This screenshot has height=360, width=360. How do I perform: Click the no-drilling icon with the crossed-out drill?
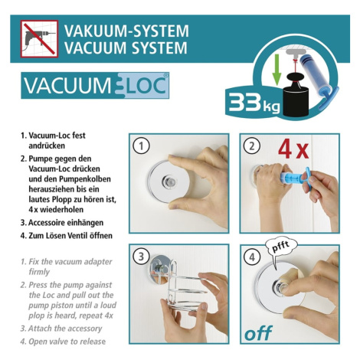pyautogui.click(x=39, y=39)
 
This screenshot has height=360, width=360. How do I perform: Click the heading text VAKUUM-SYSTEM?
pyautogui.click(x=126, y=31)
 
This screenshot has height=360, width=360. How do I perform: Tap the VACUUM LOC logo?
pyautogui.click(x=95, y=85)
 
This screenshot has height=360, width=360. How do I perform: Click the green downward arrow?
pyautogui.click(x=277, y=70)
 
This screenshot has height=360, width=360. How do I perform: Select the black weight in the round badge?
pyautogui.click(x=296, y=95)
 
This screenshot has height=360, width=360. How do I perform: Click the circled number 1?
pyautogui.click(x=141, y=146)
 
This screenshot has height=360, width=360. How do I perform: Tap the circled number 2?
pyautogui.click(x=252, y=146)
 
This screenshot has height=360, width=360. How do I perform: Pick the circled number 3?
pyautogui.click(x=141, y=257)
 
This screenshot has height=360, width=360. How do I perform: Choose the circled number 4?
pyautogui.click(x=252, y=257)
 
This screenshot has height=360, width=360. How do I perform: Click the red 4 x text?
pyautogui.click(x=293, y=149)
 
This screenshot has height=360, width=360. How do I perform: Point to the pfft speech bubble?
pyautogui.click(x=281, y=250)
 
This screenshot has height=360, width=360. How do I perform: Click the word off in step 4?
pyautogui.click(x=258, y=333)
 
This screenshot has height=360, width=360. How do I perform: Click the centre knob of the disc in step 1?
pyautogui.click(x=169, y=182)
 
